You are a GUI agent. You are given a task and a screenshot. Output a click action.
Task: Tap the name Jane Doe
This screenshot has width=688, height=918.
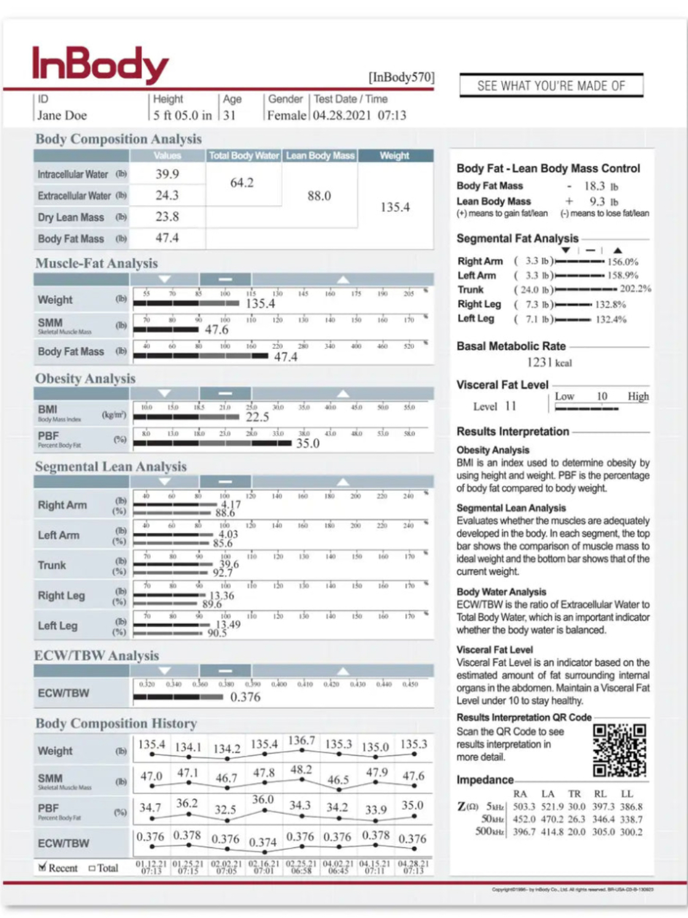62,115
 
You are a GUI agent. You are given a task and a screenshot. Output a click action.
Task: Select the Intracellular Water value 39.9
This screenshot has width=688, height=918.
167,174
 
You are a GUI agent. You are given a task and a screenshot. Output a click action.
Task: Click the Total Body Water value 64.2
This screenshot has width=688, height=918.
242,183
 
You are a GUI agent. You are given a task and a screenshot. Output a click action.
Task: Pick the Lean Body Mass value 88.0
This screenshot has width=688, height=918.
319,196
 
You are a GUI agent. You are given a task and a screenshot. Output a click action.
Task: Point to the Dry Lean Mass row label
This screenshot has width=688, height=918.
71,217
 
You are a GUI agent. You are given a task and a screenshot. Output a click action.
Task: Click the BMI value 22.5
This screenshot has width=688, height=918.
257,418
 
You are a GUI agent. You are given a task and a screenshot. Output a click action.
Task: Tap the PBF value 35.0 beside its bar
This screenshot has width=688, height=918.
307,443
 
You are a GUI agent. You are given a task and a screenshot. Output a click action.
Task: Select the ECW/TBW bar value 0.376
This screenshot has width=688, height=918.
245,697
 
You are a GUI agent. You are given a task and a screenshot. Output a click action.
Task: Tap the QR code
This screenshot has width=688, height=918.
619,750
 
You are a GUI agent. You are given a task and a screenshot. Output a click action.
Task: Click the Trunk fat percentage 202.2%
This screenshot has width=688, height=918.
635,289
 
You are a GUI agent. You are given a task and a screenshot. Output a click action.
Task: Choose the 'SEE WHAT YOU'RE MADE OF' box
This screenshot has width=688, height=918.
551,86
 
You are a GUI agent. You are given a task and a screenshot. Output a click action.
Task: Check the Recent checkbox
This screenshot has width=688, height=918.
42,867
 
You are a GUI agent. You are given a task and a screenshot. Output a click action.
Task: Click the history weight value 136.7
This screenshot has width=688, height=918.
301,741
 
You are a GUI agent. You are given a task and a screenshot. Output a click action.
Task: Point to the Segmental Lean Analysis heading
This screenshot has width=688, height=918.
110,467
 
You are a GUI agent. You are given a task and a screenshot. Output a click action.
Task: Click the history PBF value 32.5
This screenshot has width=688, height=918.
225,809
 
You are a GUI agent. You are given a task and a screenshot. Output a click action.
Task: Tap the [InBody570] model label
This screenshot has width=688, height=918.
401,77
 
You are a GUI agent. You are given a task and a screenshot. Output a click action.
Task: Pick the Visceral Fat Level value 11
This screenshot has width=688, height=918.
511,406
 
